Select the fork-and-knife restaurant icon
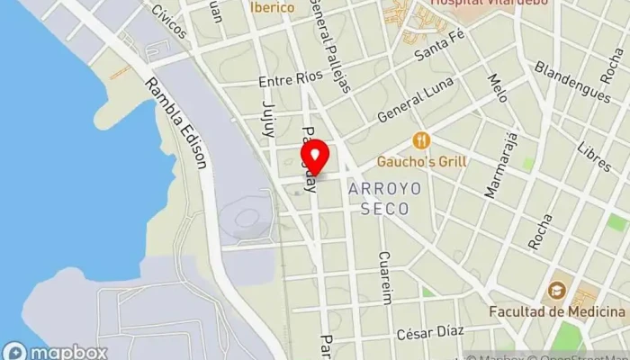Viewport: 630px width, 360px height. [420, 140]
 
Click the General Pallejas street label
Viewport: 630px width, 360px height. [330, 45]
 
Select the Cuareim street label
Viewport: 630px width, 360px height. [387, 277]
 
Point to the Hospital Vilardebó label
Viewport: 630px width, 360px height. [477, 3]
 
